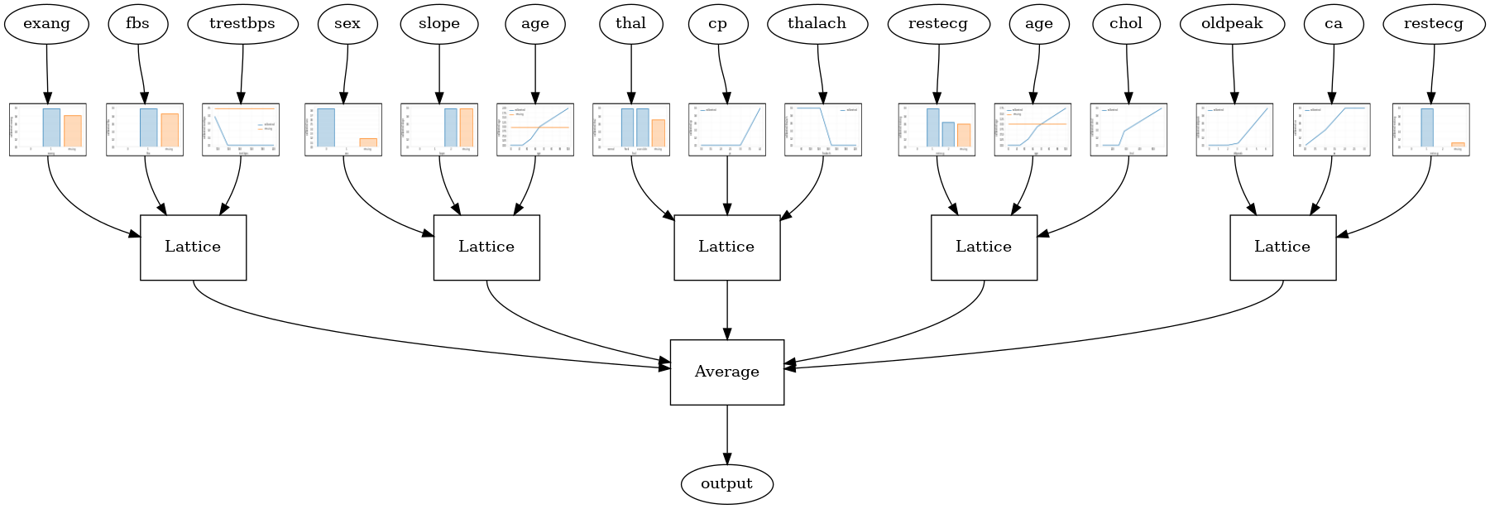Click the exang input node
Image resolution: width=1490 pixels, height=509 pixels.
pos(46,24)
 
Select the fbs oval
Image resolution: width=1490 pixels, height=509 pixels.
pos(138,24)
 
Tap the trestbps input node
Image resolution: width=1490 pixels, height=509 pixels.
pos(242,24)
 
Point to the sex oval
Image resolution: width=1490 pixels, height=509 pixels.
pos(347,24)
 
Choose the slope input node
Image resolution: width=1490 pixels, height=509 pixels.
pos(439,24)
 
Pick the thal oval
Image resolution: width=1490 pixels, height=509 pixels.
pos(630,24)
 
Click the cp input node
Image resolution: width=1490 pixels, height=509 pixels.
pos(718,24)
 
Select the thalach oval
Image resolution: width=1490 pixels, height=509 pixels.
pos(817,24)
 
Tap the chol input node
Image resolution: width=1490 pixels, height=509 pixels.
pos(1126,24)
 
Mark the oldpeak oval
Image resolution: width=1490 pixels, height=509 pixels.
pos(1232,24)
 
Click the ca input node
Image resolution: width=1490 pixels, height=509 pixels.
pos(1334,24)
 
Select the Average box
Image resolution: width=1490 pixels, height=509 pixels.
pos(726,372)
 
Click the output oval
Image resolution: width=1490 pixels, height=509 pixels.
pos(726,484)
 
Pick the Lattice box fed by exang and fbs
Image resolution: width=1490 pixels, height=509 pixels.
pos(193,247)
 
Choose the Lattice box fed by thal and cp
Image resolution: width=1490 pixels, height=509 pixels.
pos(726,247)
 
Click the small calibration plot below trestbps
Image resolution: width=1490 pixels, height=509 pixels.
pos(241,130)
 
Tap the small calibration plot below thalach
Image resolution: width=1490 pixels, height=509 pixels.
pos(823,130)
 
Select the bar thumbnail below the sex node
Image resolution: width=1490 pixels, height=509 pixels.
pos(343,130)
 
